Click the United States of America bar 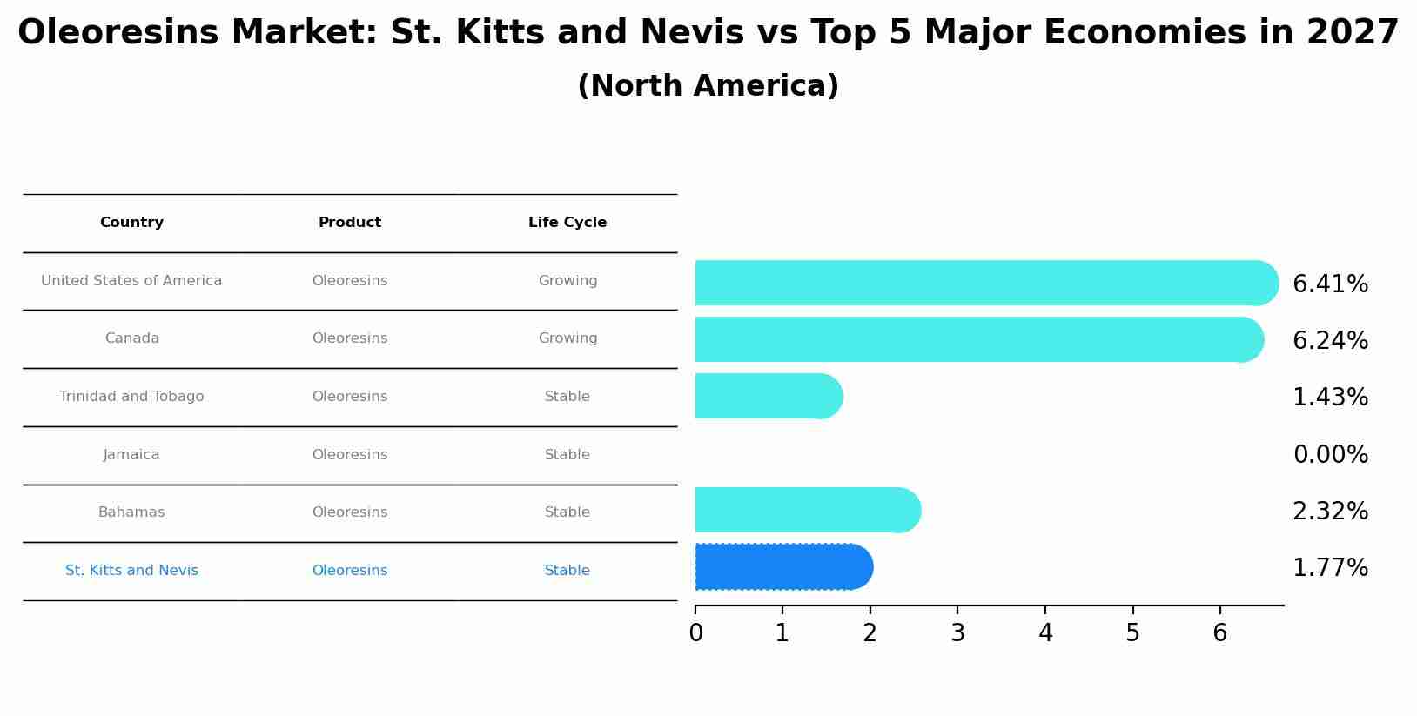[x=984, y=283]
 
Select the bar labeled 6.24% [x=975, y=339]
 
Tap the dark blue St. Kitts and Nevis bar [x=782, y=567]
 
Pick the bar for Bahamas [x=805, y=510]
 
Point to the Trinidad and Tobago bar [x=766, y=396]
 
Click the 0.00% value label [x=1330, y=455]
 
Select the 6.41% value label [x=1330, y=284]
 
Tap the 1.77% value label [x=1330, y=568]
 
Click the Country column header [x=131, y=223]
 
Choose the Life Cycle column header [x=567, y=223]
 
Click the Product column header [x=350, y=223]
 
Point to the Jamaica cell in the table [x=131, y=455]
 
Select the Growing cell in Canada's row [x=567, y=338]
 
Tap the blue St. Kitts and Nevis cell [x=131, y=571]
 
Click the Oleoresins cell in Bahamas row [x=350, y=512]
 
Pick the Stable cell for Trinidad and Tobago [x=567, y=397]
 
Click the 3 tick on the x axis [x=957, y=633]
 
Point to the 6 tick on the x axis [x=1219, y=633]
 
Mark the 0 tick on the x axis [x=695, y=633]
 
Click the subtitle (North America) [x=708, y=86]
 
